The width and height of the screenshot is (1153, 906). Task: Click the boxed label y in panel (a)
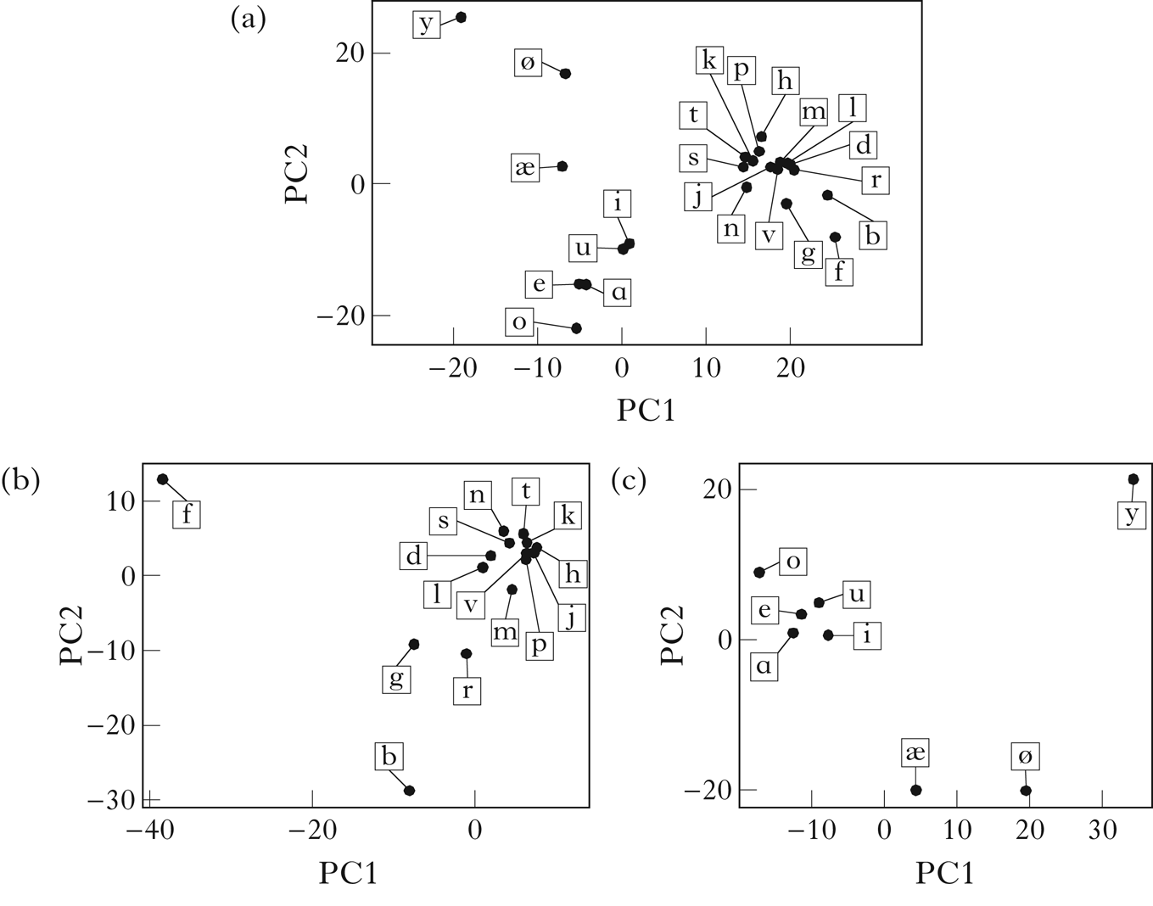coord(426,24)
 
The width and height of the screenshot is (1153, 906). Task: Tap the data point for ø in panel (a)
coord(565,74)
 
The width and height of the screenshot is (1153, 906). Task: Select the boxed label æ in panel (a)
coord(525,167)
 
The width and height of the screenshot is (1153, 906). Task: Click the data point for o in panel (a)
coord(576,328)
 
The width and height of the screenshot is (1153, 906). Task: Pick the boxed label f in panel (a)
coord(839,271)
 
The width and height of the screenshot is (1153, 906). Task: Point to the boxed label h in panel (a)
coord(785,81)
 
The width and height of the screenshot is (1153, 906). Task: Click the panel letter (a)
coord(249,19)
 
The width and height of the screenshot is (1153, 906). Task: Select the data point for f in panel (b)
coord(162,479)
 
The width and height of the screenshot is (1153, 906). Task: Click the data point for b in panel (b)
coord(409,791)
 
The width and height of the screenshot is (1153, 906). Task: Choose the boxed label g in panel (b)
coord(396,678)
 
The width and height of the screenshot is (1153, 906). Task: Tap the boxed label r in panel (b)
coord(467,691)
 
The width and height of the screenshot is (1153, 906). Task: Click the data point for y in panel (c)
coord(1133,479)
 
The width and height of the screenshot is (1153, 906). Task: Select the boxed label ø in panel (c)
coord(1025,756)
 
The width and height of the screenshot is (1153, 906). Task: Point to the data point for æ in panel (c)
coord(915,790)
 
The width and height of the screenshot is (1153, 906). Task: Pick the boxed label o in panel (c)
coord(793,562)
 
